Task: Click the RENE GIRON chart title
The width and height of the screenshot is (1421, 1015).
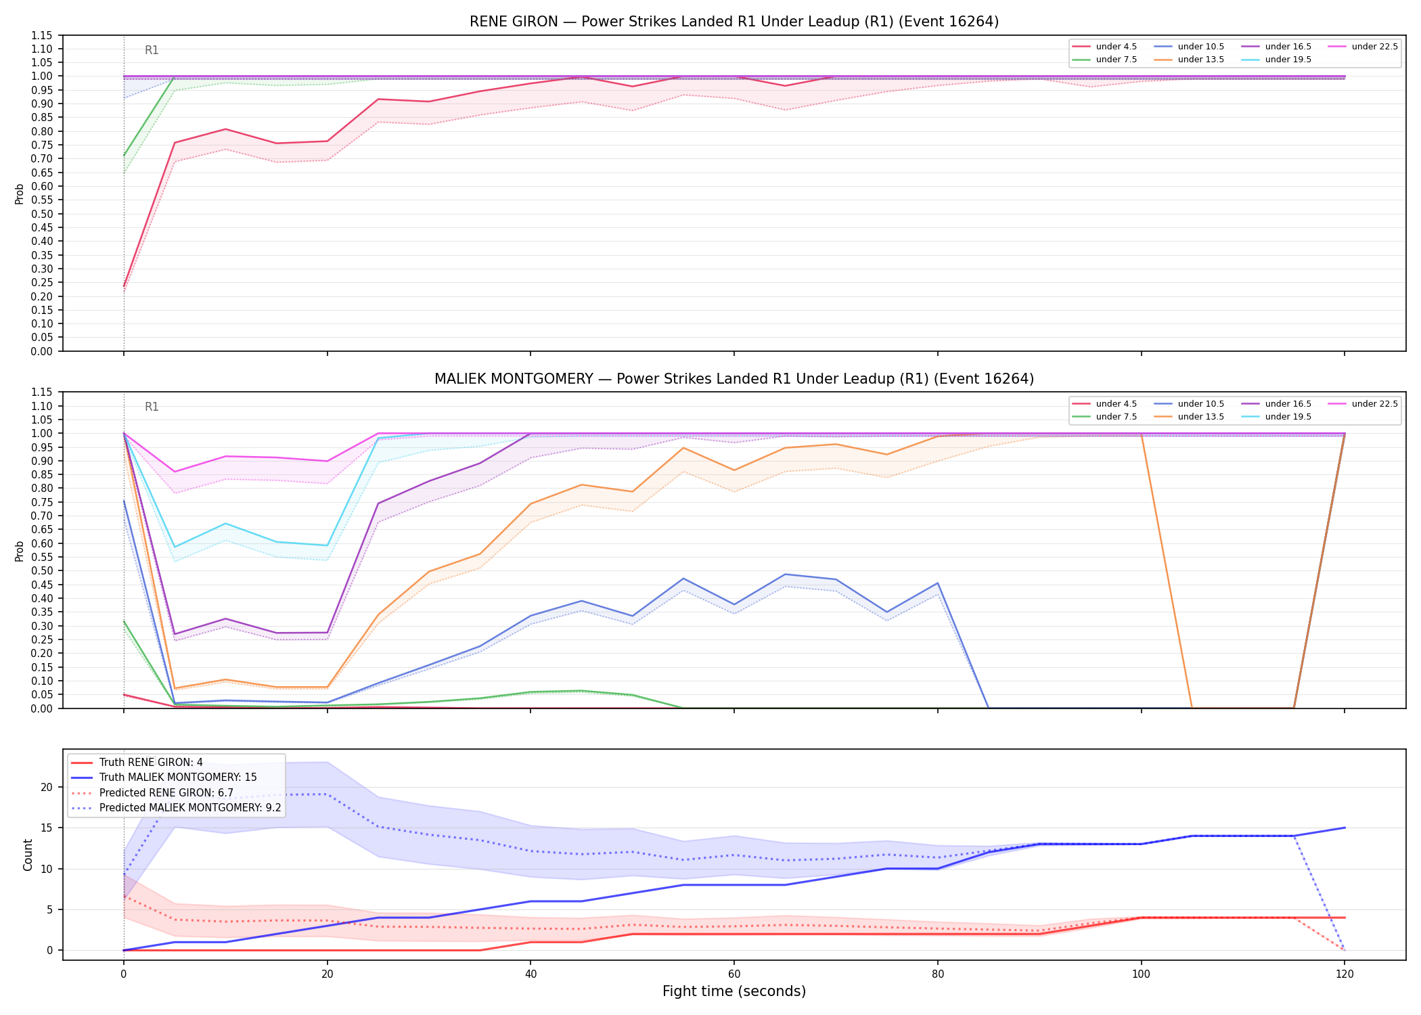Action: pos(734,22)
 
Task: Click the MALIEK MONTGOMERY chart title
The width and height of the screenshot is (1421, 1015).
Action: pos(734,379)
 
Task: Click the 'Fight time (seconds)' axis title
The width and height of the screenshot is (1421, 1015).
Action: pos(734,991)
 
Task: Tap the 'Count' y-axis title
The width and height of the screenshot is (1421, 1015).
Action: pos(28,855)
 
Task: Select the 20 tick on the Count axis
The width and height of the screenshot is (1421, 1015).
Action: pos(47,787)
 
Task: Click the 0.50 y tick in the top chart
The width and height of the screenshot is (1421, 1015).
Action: pos(42,214)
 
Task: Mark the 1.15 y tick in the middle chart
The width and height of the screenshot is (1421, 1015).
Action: pos(42,392)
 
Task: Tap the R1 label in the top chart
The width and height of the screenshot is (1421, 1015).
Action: pos(152,50)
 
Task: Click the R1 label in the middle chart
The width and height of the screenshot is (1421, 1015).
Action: pos(152,407)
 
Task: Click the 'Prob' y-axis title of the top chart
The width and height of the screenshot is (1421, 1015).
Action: pos(20,194)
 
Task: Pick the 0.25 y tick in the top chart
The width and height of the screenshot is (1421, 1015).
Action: pos(42,282)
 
